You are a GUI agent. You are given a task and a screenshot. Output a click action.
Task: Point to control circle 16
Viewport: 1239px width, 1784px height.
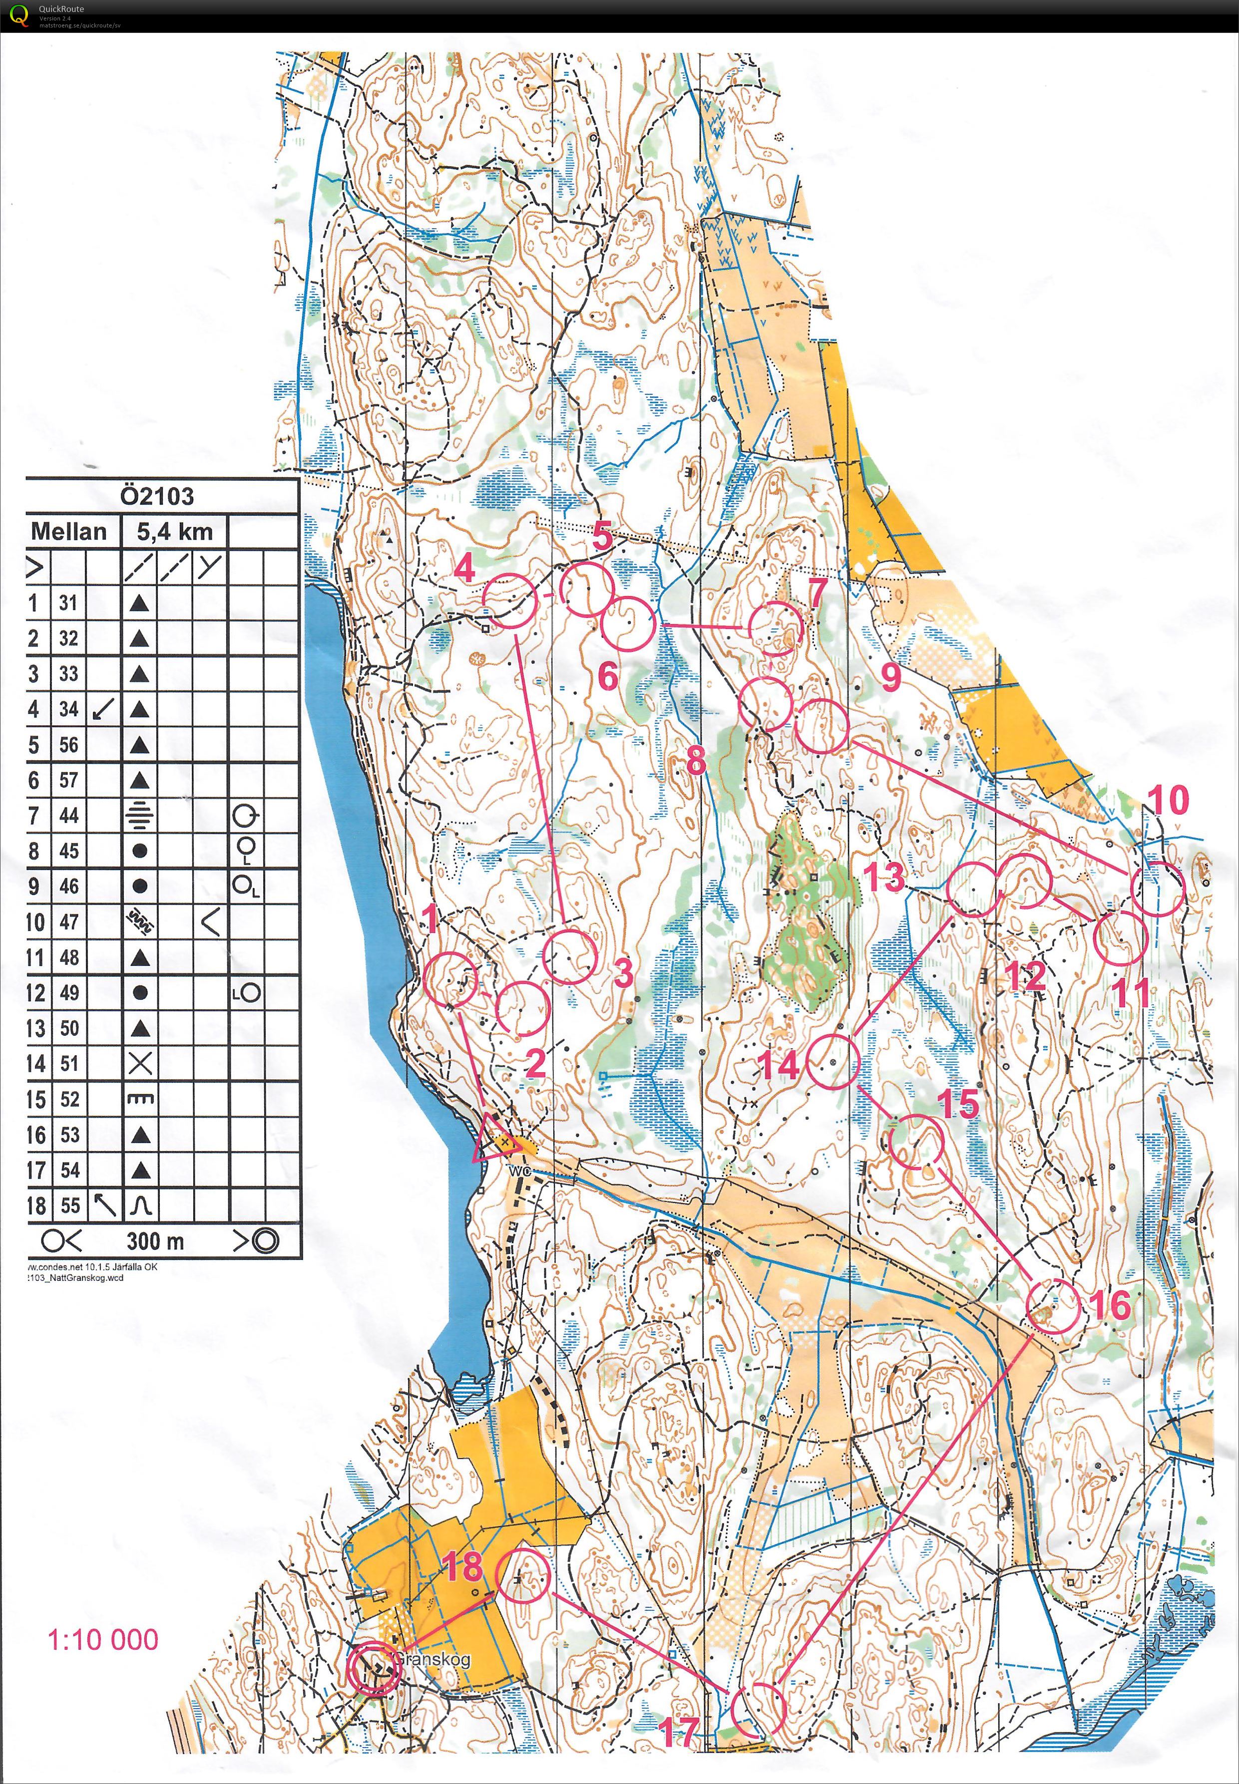pyautogui.click(x=1053, y=1307)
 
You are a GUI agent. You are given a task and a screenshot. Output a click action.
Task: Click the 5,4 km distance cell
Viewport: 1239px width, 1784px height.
pyautogui.click(x=174, y=532)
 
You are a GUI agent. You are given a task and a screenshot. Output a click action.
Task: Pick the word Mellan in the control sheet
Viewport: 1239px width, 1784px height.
pyautogui.click(x=68, y=532)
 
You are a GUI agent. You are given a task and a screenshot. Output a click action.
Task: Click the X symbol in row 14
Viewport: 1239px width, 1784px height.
pyautogui.click(x=140, y=1063)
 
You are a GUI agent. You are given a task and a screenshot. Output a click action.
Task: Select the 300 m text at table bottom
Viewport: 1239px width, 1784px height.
pyautogui.click(x=155, y=1241)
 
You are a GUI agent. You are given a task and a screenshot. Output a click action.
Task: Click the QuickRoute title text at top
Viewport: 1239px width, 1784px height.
pyautogui.click(x=61, y=8)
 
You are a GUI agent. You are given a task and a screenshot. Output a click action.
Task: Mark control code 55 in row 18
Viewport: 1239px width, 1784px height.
pyautogui.click(x=69, y=1205)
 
